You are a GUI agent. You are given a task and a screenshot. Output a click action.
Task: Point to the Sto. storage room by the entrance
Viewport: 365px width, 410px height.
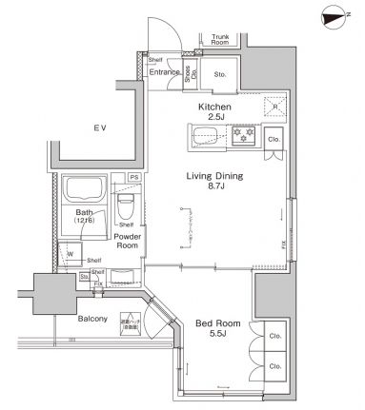click(x=218, y=73)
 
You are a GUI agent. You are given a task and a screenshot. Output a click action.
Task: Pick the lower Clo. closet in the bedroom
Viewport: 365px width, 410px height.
click(x=274, y=365)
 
